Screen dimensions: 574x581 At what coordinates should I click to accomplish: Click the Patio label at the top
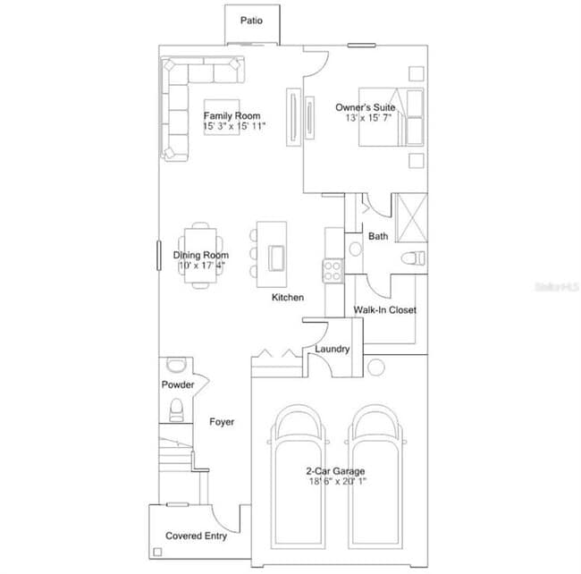[251, 20]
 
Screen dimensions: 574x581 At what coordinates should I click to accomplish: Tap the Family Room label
[232, 116]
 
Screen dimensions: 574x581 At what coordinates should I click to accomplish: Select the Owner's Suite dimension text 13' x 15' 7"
[366, 118]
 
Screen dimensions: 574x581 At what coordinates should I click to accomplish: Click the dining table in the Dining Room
[199, 255]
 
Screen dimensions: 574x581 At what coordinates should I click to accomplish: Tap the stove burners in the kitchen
[333, 270]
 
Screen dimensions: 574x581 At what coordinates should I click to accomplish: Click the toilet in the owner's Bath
[412, 259]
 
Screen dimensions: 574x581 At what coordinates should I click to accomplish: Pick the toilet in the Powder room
[176, 409]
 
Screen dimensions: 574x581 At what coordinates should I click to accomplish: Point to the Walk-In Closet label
[384, 310]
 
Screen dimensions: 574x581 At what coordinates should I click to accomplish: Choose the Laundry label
[332, 350]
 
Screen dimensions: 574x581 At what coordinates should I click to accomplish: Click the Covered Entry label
[196, 536]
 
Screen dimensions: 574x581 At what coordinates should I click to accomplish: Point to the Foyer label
[222, 421]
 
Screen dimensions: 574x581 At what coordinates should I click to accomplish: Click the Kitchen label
[288, 298]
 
